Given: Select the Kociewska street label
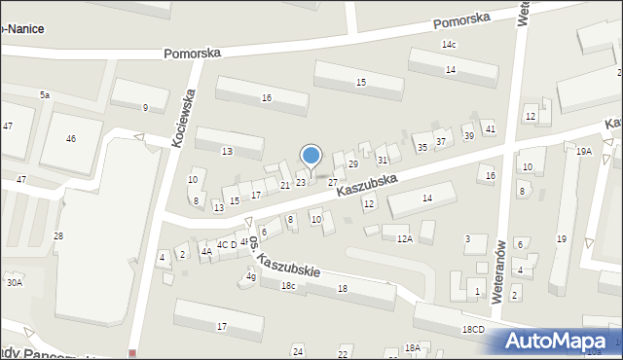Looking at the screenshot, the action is point(185,118).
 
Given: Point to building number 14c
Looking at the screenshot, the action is point(449,45).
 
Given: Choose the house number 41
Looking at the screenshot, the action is point(490,128).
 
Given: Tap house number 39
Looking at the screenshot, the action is point(468,135).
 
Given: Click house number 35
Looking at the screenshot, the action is point(421,147).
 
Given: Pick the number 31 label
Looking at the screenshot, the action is point(383,160).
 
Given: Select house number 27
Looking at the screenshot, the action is point(332,182).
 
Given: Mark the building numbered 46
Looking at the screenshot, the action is point(70,139).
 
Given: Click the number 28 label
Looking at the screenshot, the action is point(58,236).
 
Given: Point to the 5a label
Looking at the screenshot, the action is point(45,94).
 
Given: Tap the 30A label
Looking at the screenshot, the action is point(14,282).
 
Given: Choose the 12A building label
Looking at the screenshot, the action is point(404,237).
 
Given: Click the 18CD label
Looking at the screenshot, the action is point(473,330).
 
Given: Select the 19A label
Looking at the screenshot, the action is point(583,152).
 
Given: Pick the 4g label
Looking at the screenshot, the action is point(250,276).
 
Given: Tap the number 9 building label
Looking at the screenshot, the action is point(145,107).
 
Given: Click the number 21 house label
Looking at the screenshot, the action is point(285,185).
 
